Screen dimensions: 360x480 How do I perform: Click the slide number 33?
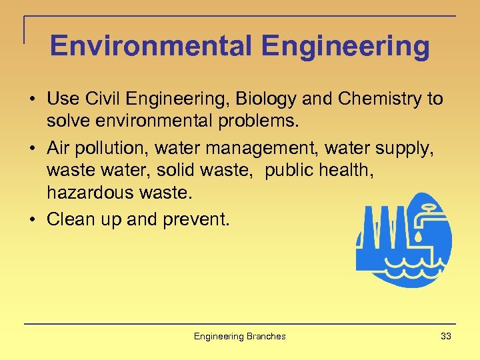(445, 336)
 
